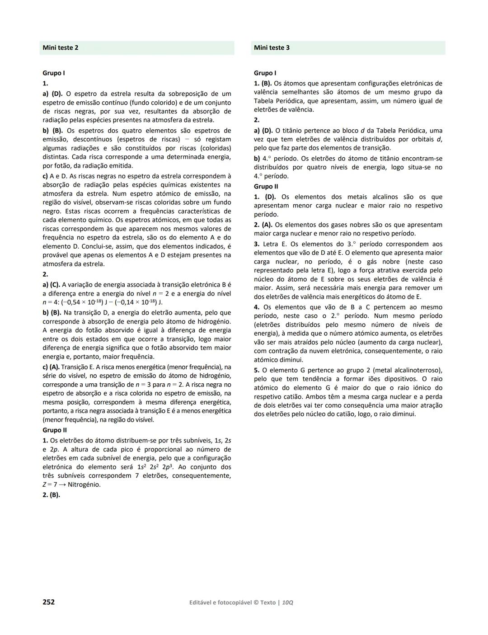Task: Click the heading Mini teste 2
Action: pyautogui.click(x=60, y=48)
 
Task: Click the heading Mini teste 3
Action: pyautogui.click(x=272, y=48)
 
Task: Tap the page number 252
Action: pyautogui.click(x=48, y=602)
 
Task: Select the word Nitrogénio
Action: pyautogui.click(x=84, y=484)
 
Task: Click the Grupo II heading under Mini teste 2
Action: pyautogui.click(x=55, y=430)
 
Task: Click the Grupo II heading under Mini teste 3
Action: pyautogui.click(x=266, y=186)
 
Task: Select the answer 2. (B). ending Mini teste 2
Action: pyautogui.click(x=51, y=495)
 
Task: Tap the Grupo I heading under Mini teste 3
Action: pyautogui.click(x=265, y=73)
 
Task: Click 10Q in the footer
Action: pyautogui.click(x=287, y=602)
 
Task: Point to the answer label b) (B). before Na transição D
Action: pyautogui.click(x=52, y=313)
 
